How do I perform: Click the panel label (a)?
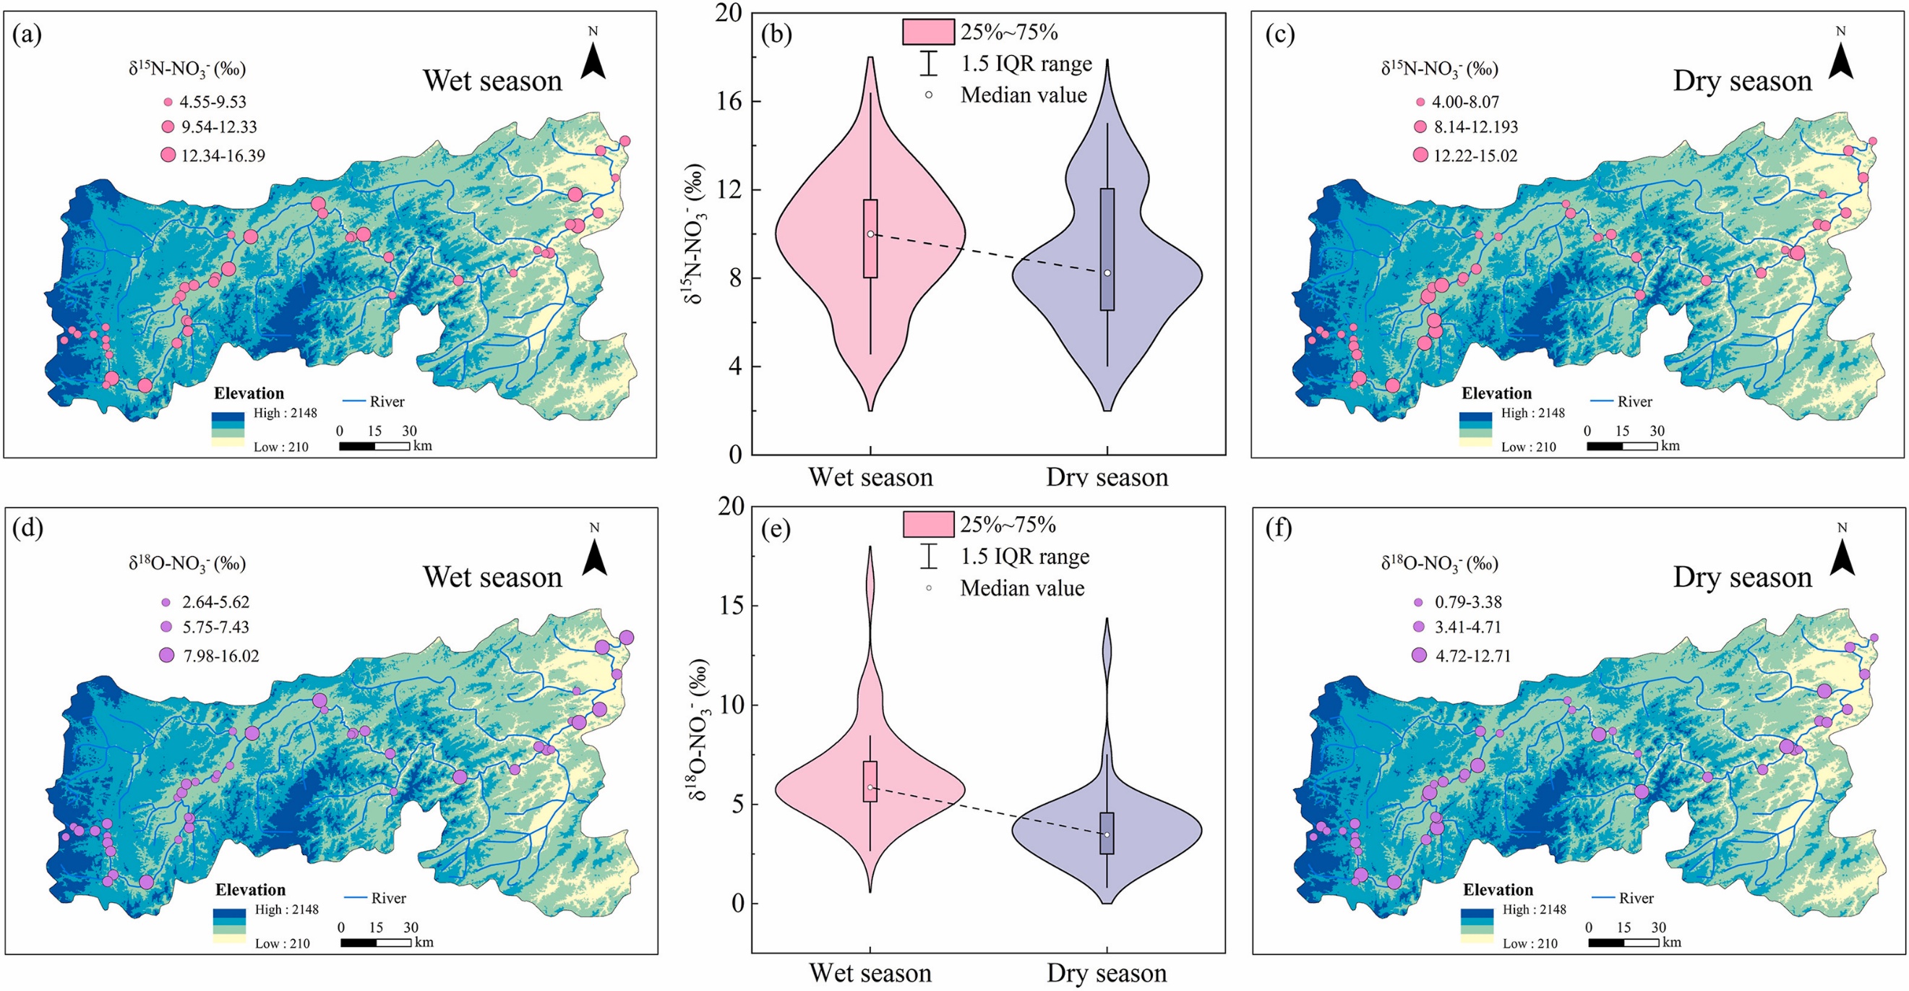27,35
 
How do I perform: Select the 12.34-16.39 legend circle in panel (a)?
168,155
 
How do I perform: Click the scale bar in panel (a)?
374,446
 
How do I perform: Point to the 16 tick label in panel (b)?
729,101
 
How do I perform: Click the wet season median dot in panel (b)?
870,234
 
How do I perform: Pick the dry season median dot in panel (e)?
1107,835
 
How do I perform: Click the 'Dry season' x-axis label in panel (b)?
1107,477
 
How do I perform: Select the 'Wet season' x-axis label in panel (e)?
870,972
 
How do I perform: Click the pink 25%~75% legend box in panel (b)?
928,32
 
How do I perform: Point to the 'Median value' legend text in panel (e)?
1023,588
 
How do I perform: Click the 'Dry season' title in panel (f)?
1742,577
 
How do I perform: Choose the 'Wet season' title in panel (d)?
493,577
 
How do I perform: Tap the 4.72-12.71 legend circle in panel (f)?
1419,655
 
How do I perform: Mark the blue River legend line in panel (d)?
355,898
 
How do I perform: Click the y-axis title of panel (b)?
695,234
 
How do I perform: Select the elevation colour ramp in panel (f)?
1477,927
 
